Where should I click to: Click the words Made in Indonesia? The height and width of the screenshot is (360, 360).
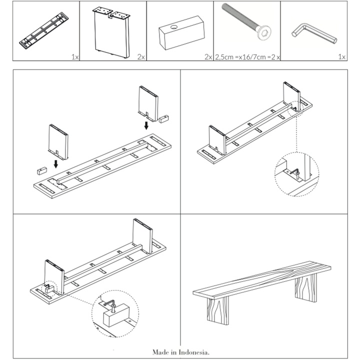(x=181, y=352)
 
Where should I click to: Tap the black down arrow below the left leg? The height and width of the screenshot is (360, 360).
(x=56, y=163)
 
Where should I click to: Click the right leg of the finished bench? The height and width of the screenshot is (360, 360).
(x=305, y=288)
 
